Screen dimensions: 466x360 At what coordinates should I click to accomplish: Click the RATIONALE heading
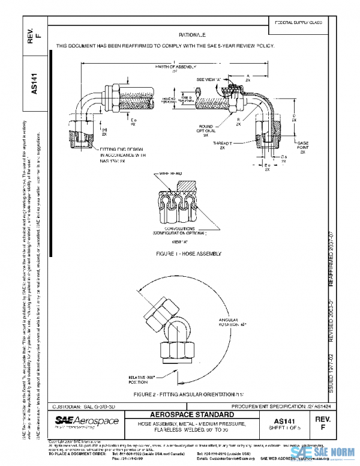(192, 35)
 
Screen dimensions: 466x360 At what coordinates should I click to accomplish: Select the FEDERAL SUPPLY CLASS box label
(298, 22)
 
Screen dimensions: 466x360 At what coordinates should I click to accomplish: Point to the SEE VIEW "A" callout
(209, 79)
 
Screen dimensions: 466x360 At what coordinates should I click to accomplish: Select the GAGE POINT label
(302, 147)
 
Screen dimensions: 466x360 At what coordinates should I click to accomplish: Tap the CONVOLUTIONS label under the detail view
(180, 228)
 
